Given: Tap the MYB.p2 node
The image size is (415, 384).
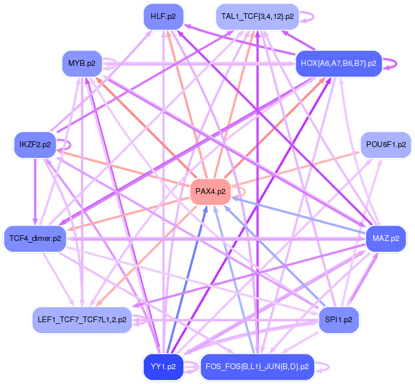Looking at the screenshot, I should (x=81, y=63).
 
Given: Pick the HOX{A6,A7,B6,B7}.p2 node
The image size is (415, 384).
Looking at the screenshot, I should (x=338, y=64).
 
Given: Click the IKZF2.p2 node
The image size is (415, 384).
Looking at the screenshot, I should (x=35, y=144).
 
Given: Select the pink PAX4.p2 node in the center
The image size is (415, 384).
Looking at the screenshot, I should (x=210, y=191).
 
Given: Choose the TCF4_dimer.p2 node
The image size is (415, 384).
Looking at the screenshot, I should (x=35, y=238).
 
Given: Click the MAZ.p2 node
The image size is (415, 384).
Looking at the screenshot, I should (x=386, y=238).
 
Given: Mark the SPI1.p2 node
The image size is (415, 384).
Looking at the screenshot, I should (x=339, y=319).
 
